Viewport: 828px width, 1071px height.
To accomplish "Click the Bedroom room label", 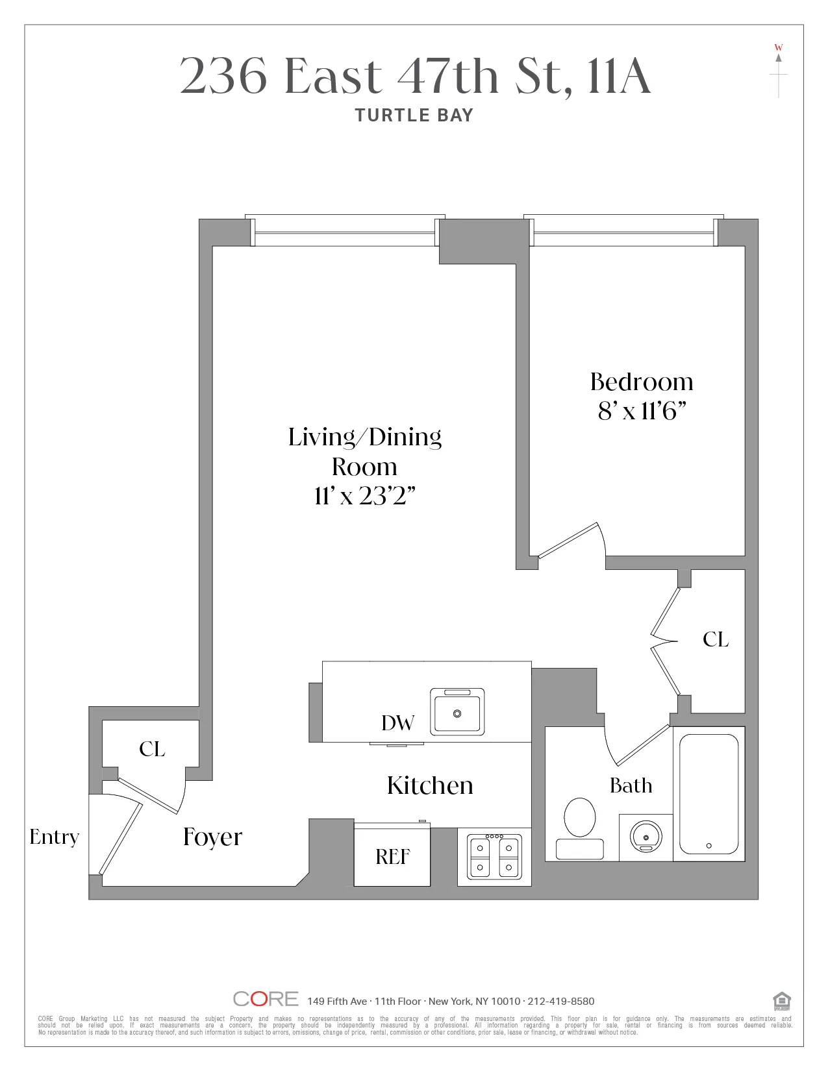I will (x=642, y=382).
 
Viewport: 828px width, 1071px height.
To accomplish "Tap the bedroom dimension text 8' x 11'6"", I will (x=642, y=411).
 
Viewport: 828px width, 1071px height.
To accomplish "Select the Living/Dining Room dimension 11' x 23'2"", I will (x=364, y=496).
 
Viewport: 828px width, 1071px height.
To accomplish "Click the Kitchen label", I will (x=430, y=785).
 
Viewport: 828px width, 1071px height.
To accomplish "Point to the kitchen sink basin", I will (x=457, y=713).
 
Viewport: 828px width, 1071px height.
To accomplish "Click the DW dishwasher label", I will (x=397, y=723).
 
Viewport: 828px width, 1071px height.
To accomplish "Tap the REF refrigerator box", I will (x=392, y=857).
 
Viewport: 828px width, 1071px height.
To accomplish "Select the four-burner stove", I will (x=494, y=857).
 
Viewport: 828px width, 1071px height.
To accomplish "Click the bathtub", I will (x=709, y=793).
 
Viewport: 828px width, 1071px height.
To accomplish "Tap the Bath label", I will (x=631, y=786).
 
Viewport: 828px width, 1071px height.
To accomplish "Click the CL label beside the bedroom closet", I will (x=716, y=640).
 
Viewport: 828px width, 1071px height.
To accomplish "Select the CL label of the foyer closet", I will (x=152, y=749).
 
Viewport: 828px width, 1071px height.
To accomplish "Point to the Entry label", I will (x=54, y=837).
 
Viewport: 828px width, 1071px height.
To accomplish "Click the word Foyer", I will (x=212, y=837).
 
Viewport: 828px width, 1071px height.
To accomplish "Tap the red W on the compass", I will (x=778, y=47).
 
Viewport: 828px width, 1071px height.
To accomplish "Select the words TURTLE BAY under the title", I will (x=414, y=116).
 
